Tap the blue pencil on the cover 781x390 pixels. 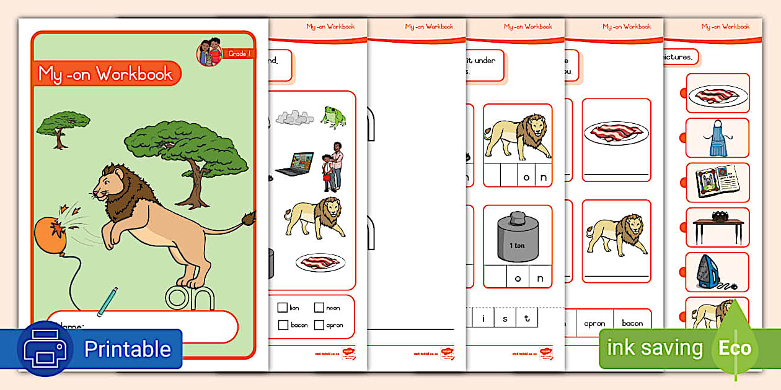click(x=107, y=300)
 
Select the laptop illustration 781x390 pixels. click(x=294, y=163)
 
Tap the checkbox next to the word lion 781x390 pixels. click(x=283, y=307)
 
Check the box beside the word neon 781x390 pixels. click(x=319, y=307)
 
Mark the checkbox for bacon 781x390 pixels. click(x=283, y=324)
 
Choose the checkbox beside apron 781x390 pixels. click(x=319, y=324)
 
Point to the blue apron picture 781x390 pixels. click(x=717, y=138)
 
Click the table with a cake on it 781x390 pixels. click(x=717, y=225)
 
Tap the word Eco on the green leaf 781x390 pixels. click(x=735, y=348)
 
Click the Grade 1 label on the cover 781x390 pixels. click(x=239, y=54)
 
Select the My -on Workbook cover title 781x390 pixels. click(x=105, y=74)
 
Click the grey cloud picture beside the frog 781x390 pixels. click(x=294, y=116)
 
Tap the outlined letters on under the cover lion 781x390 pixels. click(x=190, y=298)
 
